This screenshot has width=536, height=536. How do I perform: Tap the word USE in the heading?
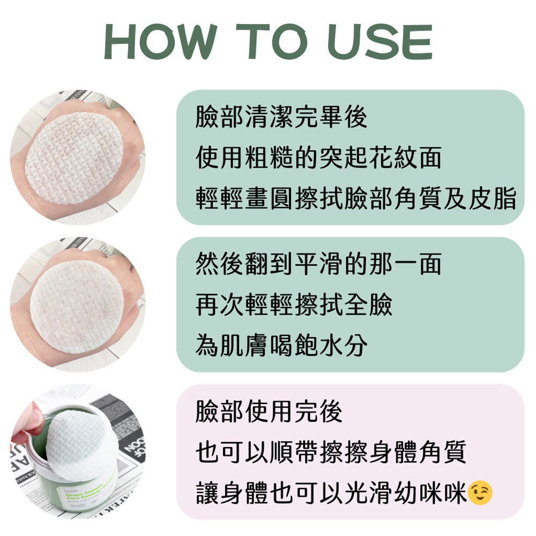point(380,42)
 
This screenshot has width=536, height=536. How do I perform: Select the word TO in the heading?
point(272,42)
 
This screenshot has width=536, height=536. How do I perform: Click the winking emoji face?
point(480,493)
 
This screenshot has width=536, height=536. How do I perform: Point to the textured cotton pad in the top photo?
point(74,159)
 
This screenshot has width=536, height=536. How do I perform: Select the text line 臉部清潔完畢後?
point(282,117)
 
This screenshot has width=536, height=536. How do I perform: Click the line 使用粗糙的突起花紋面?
point(318,158)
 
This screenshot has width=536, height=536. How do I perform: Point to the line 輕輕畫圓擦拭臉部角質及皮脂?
point(356,198)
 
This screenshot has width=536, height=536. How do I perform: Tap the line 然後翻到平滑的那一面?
point(318,264)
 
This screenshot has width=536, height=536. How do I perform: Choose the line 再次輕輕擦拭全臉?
point(294,304)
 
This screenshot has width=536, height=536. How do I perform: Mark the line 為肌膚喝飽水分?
point(282,345)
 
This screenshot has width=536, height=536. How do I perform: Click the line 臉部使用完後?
point(270,411)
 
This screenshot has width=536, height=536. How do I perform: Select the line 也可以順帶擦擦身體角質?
point(331,452)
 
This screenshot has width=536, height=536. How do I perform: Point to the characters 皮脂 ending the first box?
point(492,198)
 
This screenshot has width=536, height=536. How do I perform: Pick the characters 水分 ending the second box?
point(343,345)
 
